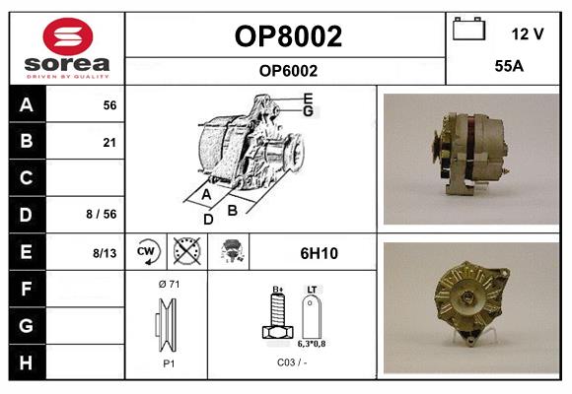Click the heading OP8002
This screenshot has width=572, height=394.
pyautogui.click(x=287, y=36)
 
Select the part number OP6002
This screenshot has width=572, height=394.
pyautogui.click(x=287, y=70)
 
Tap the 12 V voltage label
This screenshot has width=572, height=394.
pyautogui.click(x=527, y=33)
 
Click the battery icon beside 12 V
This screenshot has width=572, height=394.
pyautogui.click(x=468, y=31)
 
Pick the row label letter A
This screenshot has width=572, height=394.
pyautogui.click(x=27, y=104)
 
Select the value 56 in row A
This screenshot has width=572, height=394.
pyautogui.click(x=109, y=104)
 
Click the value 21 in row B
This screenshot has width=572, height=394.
pyautogui.click(x=109, y=142)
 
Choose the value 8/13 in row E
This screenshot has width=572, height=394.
pyautogui.click(x=105, y=253)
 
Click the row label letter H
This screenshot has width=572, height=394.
pyautogui.click(x=27, y=361)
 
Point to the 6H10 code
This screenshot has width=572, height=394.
pyautogui.click(x=319, y=253)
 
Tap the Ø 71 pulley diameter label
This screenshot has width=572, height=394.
pyautogui.click(x=169, y=285)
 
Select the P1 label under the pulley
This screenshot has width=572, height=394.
pyautogui.click(x=169, y=362)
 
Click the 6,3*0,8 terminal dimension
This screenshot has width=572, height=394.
pyautogui.click(x=312, y=344)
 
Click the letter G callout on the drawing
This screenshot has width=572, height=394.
pyautogui.click(x=308, y=111)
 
